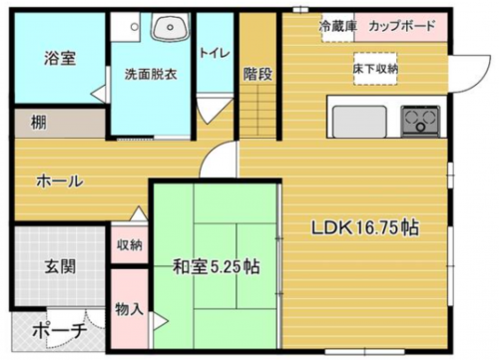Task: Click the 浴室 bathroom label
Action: pos(59,58)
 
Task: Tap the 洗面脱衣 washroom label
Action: pos(150,73)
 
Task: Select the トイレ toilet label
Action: pos(213,51)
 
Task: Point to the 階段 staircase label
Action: pos(257,73)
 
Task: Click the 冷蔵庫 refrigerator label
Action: pos(336,25)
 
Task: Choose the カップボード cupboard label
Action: pos(401,25)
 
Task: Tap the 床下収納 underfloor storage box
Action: pos(374,68)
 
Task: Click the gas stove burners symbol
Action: pos(420,121)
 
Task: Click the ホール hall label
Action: pos(59,181)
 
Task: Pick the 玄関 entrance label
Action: pos(59,267)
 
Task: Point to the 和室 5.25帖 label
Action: pos(217,266)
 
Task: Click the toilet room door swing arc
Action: pos(210,109)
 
